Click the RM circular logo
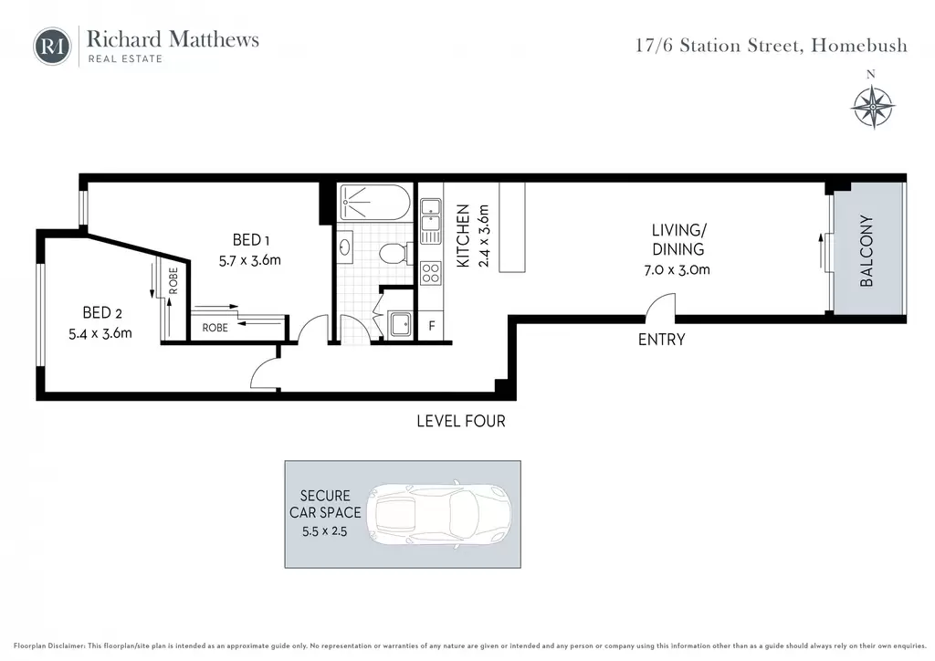click(x=52, y=46)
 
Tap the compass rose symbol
click(x=872, y=107)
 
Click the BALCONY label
click(x=867, y=251)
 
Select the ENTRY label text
click(x=661, y=340)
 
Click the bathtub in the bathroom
click(x=374, y=202)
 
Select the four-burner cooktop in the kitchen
click(x=431, y=274)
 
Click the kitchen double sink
click(x=431, y=221)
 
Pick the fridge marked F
click(x=432, y=326)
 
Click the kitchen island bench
click(x=512, y=227)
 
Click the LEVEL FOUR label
click(x=461, y=422)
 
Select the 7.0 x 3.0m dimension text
click(x=677, y=270)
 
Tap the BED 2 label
click(x=102, y=313)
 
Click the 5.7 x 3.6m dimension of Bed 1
click(x=250, y=261)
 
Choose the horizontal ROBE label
click(x=215, y=328)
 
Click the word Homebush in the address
click(x=859, y=46)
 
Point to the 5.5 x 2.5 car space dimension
click(x=324, y=531)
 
